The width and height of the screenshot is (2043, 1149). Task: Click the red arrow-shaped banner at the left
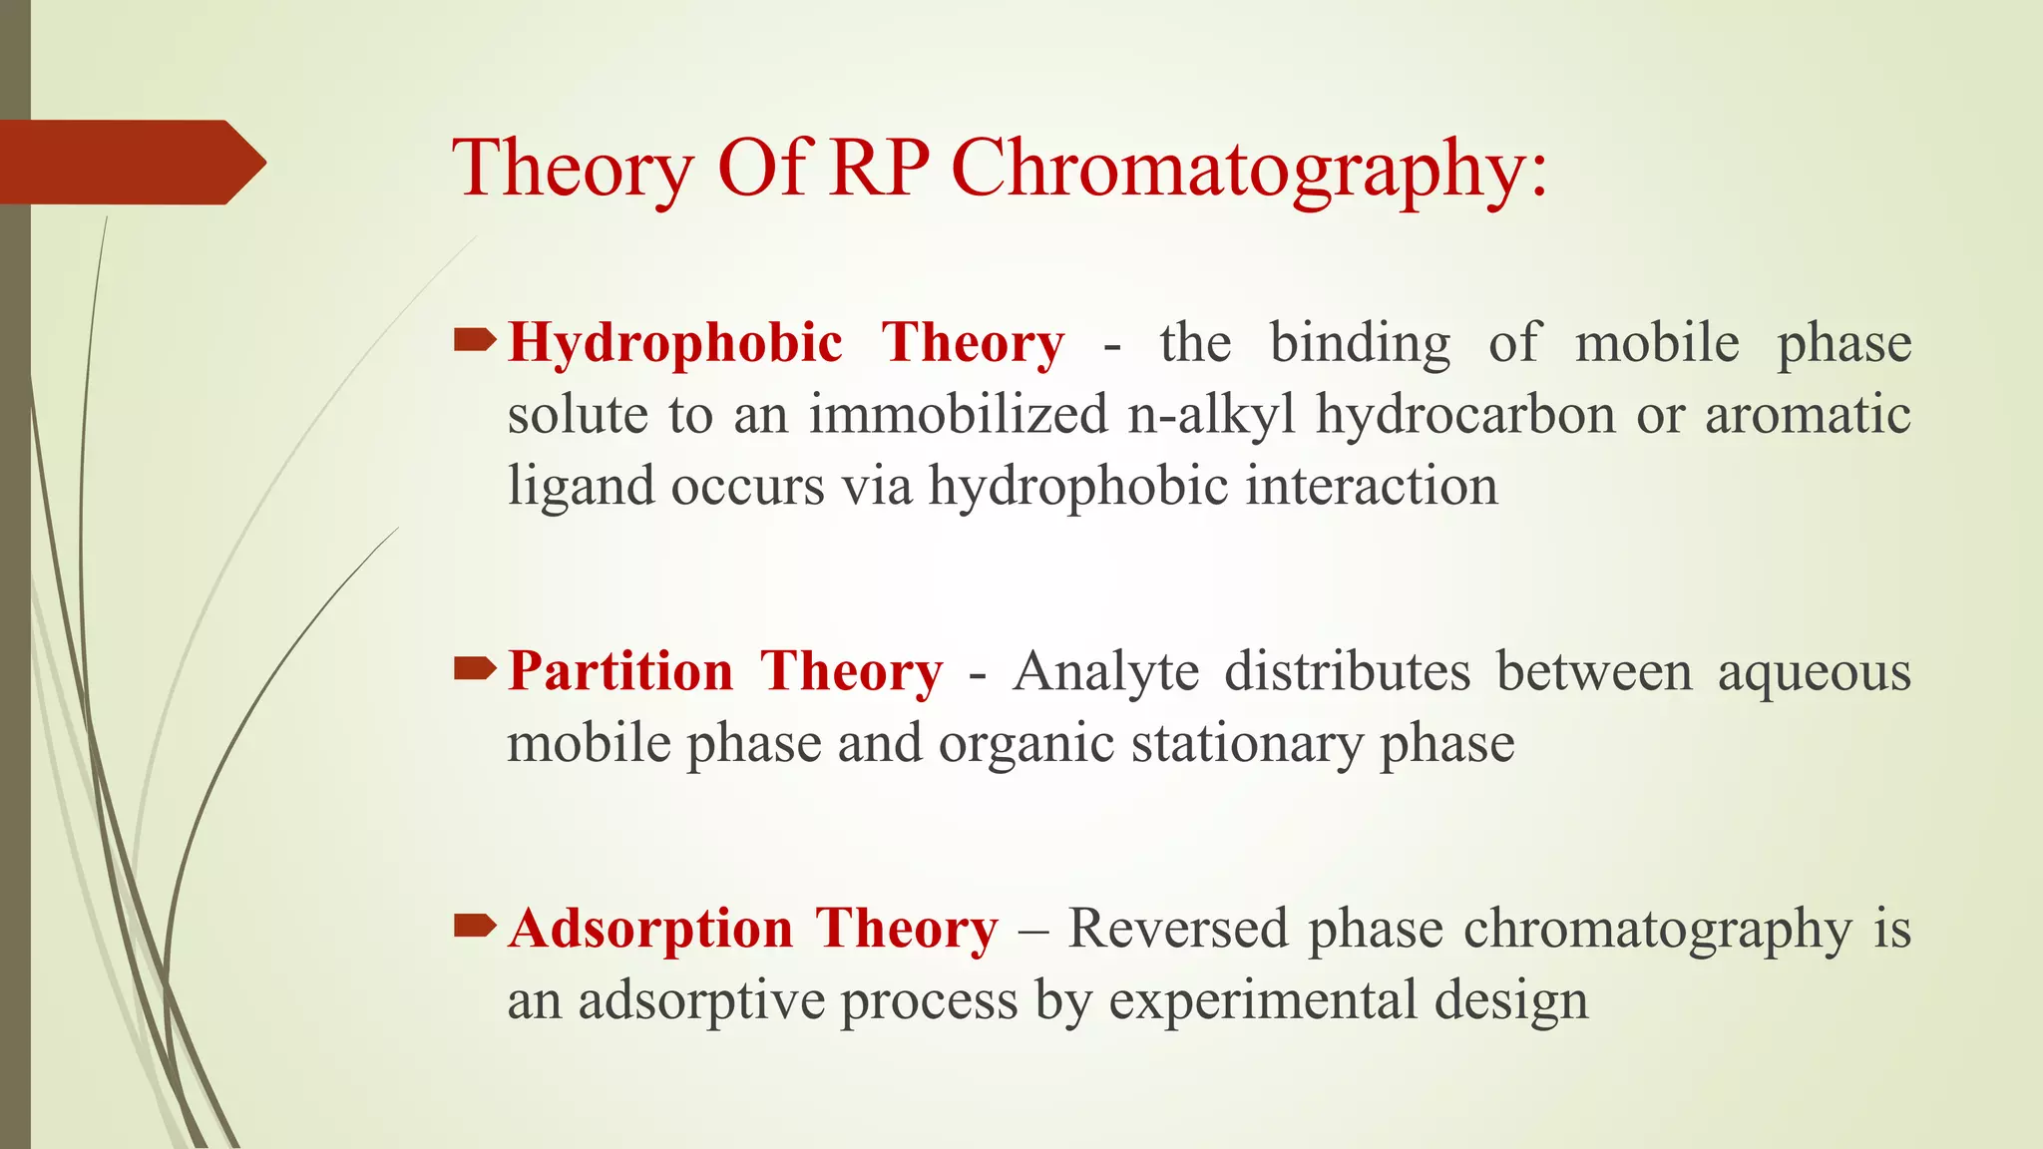pyautogui.click(x=130, y=162)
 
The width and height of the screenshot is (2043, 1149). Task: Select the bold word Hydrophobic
pyautogui.click(x=675, y=343)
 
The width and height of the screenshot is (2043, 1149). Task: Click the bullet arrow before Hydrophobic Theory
pyautogui.click(x=475, y=342)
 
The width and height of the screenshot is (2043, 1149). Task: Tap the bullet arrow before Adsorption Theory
pyautogui.click(x=475, y=927)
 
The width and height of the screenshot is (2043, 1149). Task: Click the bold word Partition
pyautogui.click(x=620, y=670)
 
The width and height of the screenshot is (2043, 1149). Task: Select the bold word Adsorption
pyautogui.click(x=650, y=929)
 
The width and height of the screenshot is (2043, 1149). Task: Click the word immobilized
pyautogui.click(x=958, y=414)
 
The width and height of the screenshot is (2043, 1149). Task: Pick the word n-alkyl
pyautogui.click(x=1211, y=414)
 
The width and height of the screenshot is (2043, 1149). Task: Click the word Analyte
pyautogui.click(x=1105, y=670)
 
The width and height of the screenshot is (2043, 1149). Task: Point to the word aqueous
pyautogui.click(x=1814, y=672)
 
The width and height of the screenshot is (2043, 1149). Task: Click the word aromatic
pyautogui.click(x=1808, y=414)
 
